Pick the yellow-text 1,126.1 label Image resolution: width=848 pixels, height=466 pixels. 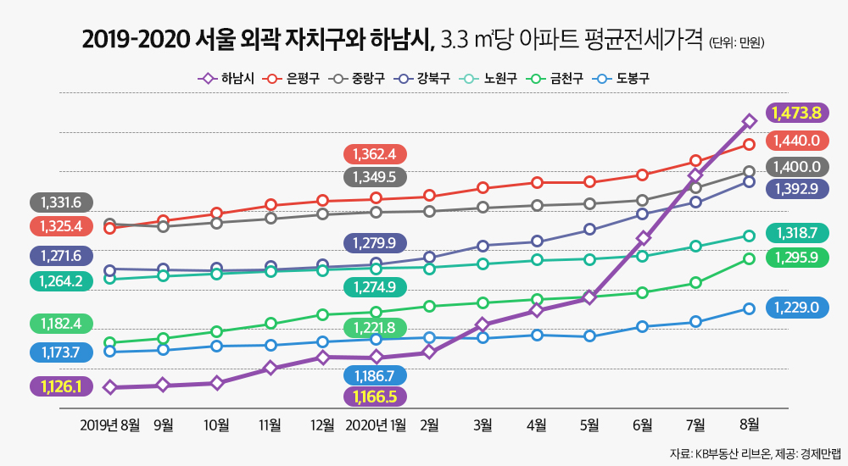(x=60, y=386)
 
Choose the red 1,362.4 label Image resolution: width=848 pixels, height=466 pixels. (x=375, y=154)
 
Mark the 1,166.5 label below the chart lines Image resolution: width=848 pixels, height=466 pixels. (x=375, y=396)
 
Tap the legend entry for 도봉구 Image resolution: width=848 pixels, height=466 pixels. (x=623, y=79)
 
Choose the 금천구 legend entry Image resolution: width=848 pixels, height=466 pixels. (x=557, y=79)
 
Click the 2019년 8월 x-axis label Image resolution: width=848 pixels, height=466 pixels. (x=109, y=424)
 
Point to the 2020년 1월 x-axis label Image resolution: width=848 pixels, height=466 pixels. (x=376, y=424)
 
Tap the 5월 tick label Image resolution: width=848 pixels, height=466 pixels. (x=589, y=424)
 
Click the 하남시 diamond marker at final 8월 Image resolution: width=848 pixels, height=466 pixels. (x=749, y=121)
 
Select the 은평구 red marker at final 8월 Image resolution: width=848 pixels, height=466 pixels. (x=749, y=144)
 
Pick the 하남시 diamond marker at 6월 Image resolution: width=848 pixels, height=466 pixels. (x=643, y=238)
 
